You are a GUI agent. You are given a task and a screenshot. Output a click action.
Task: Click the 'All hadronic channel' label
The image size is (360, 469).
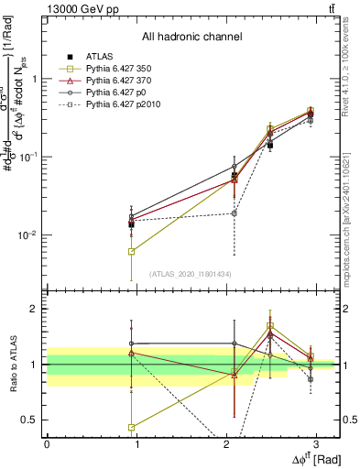point(191,38)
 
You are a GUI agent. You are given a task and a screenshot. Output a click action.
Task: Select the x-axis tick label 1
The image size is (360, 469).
point(136,443)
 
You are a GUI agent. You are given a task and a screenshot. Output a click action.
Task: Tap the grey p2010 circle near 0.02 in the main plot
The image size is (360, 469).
point(235,213)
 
